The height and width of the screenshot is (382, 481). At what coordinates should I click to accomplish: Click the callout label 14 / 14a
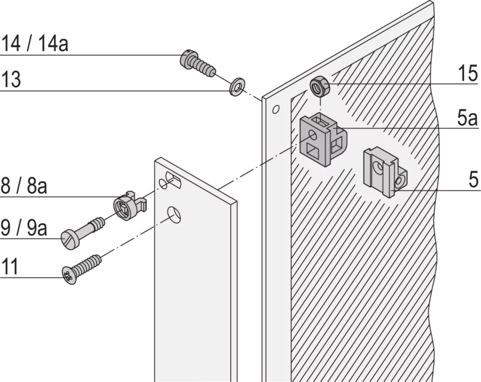[34, 43]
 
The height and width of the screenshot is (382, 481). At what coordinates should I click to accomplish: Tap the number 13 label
[11, 79]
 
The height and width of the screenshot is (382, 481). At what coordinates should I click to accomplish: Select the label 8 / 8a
[23, 185]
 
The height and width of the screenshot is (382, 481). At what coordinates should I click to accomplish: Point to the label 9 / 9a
[23, 228]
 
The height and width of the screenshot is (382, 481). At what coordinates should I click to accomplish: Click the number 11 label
[10, 266]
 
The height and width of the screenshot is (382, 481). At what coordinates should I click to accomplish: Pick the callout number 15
[468, 74]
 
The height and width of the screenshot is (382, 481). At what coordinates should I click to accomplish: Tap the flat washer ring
[237, 87]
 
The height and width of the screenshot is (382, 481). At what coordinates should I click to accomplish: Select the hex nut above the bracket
[320, 87]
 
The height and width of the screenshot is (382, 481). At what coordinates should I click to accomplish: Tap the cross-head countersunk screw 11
[81, 269]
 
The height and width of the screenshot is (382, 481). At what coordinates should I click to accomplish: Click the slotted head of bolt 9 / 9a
[70, 241]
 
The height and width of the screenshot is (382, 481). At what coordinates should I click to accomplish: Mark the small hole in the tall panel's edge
[276, 109]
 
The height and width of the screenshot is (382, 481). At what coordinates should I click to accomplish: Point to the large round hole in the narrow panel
[174, 215]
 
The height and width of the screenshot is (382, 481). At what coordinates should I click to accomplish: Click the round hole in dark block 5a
[313, 135]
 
